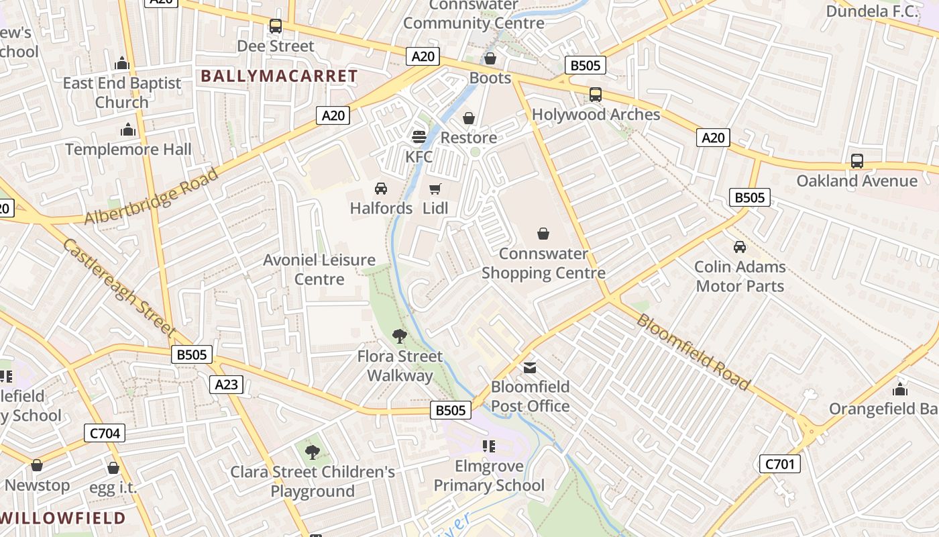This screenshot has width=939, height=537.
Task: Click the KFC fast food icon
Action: [419, 137]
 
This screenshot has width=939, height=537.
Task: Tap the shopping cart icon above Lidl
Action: [435, 189]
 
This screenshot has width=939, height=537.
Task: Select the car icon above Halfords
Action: [381, 189]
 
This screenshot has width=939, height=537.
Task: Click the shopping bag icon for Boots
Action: [490, 58]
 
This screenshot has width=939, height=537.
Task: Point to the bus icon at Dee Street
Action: [276, 26]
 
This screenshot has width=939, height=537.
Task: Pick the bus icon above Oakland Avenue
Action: [857, 161]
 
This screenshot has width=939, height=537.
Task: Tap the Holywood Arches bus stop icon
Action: [596, 95]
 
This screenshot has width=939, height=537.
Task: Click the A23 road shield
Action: [226, 385]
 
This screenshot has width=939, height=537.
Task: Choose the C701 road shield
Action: [780, 463]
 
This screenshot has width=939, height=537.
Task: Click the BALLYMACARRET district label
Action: [279, 76]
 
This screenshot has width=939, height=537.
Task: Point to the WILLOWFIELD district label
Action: [63, 518]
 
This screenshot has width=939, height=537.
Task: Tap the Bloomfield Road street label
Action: [692, 351]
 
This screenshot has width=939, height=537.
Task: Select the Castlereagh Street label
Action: [119, 287]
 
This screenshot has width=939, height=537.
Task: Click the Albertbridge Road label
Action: [152, 197]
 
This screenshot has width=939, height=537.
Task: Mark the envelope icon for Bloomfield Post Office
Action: [530, 367]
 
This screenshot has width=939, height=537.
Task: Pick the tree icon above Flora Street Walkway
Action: [400, 336]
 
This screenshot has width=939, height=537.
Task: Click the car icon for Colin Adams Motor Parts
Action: [740, 247]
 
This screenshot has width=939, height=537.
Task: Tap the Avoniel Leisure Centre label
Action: [319, 269]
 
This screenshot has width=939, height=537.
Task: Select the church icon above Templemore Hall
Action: [128, 130]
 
